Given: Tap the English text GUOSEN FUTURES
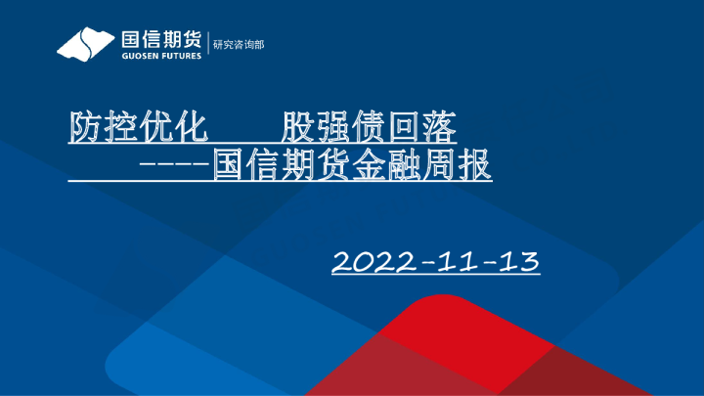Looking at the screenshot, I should [x=161, y=56].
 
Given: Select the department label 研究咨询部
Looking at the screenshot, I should [x=239, y=45].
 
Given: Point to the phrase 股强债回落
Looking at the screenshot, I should [x=369, y=127].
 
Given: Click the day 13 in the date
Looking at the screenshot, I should [x=518, y=262].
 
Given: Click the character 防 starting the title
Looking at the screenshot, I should [x=85, y=127].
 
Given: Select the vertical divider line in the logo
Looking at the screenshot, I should [x=208, y=45].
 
